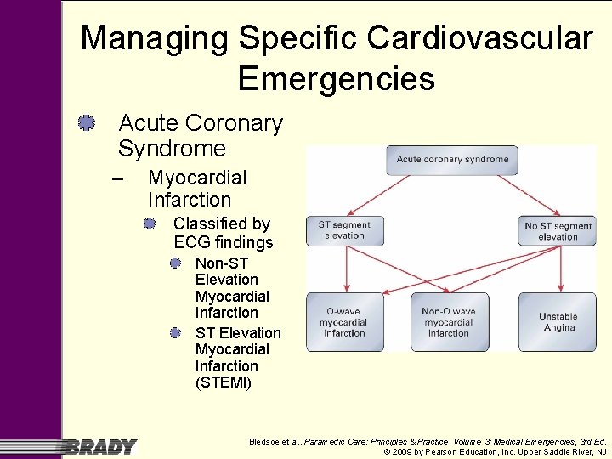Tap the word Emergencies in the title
coord(337,79)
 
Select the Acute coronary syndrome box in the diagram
coord(452,159)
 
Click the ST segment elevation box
coord(344,230)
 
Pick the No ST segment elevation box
coord(558,230)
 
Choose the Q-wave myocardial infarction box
coord(344,322)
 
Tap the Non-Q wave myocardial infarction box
coord(449,322)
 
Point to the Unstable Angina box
coord(558,322)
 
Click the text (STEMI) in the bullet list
coord(224,382)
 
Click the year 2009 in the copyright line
coord(403,452)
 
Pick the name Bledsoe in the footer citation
coord(265,441)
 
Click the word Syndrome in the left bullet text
coord(172,149)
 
